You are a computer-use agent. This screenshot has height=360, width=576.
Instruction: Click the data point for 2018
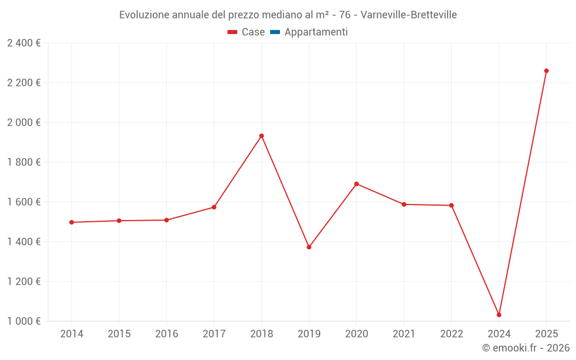pos(262,136)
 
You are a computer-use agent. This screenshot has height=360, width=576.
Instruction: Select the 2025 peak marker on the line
pos(547,71)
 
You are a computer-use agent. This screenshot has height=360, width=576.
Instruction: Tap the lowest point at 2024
pos(499,315)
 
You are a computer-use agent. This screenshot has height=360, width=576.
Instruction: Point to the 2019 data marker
pos(309,247)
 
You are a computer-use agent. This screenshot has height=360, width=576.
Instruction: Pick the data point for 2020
pos(357,184)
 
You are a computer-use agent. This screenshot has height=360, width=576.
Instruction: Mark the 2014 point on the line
pos(71,222)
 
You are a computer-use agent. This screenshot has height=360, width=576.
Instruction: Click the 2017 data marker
pos(214,207)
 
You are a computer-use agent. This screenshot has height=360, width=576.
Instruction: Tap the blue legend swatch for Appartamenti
pos(275,32)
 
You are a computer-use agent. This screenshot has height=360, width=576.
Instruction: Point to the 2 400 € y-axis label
pos(24,43)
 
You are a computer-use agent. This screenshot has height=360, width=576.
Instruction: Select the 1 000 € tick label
pos(24,321)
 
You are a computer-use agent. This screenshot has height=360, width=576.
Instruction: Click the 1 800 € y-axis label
pos(24,162)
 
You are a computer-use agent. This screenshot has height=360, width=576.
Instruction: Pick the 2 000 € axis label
pos(24,123)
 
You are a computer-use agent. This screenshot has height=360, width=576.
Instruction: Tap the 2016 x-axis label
pos(166,334)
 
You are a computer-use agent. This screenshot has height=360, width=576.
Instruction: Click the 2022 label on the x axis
pos(452,334)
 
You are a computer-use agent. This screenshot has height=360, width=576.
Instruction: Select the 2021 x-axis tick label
pos(404,334)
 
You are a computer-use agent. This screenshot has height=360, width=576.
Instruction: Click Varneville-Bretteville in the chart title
pos(408,15)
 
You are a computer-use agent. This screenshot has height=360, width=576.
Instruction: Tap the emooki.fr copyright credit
pos(526,348)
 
